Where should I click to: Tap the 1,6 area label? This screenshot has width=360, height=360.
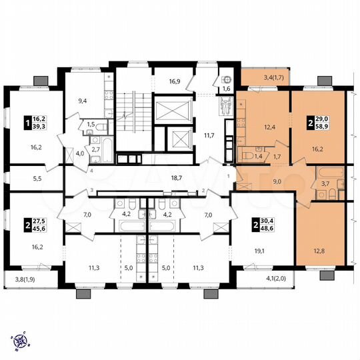tap(226, 89)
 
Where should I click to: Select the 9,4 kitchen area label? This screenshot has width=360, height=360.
tap(83, 101)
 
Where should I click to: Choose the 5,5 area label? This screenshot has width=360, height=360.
tap(19, 179)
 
